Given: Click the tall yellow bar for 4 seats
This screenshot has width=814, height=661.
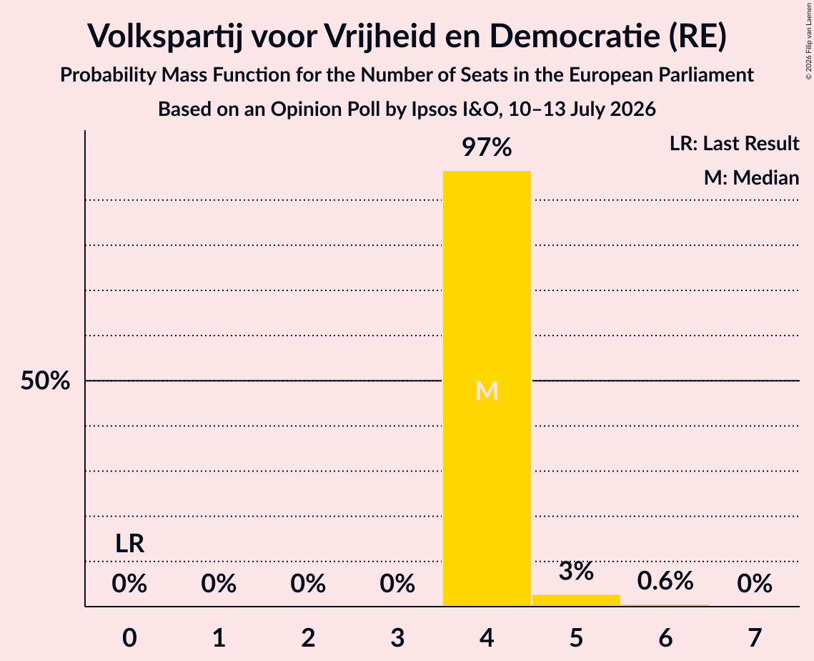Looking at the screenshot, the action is (x=487, y=388).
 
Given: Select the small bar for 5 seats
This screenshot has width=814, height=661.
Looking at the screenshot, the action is (x=576, y=600).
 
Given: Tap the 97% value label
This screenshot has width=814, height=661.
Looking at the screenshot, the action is (x=487, y=147).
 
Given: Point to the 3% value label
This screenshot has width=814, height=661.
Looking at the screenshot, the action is (x=576, y=571).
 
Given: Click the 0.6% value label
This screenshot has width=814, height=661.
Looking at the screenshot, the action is (x=665, y=581).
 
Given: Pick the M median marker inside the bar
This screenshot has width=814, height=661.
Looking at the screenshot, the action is (x=487, y=391).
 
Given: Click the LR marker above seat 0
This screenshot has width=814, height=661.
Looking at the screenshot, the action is (x=130, y=544).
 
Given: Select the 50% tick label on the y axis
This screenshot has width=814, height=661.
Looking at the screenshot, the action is (x=45, y=381).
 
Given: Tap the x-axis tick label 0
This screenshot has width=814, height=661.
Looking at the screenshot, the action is (x=130, y=638).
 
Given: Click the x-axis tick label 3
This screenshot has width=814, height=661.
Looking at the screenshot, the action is (x=397, y=638).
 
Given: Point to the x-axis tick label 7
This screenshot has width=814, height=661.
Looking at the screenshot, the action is (x=755, y=638).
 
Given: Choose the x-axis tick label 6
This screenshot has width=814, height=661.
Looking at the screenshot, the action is (x=665, y=638).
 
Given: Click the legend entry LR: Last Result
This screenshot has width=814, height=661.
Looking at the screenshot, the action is (x=735, y=143).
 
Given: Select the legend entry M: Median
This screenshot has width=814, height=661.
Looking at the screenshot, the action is (x=752, y=177).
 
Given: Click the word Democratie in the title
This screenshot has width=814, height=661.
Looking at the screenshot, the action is (x=575, y=36).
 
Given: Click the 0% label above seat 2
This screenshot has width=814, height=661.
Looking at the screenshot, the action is (x=308, y=584).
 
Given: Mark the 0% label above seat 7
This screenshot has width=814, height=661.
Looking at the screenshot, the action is (x=755, y=584).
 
